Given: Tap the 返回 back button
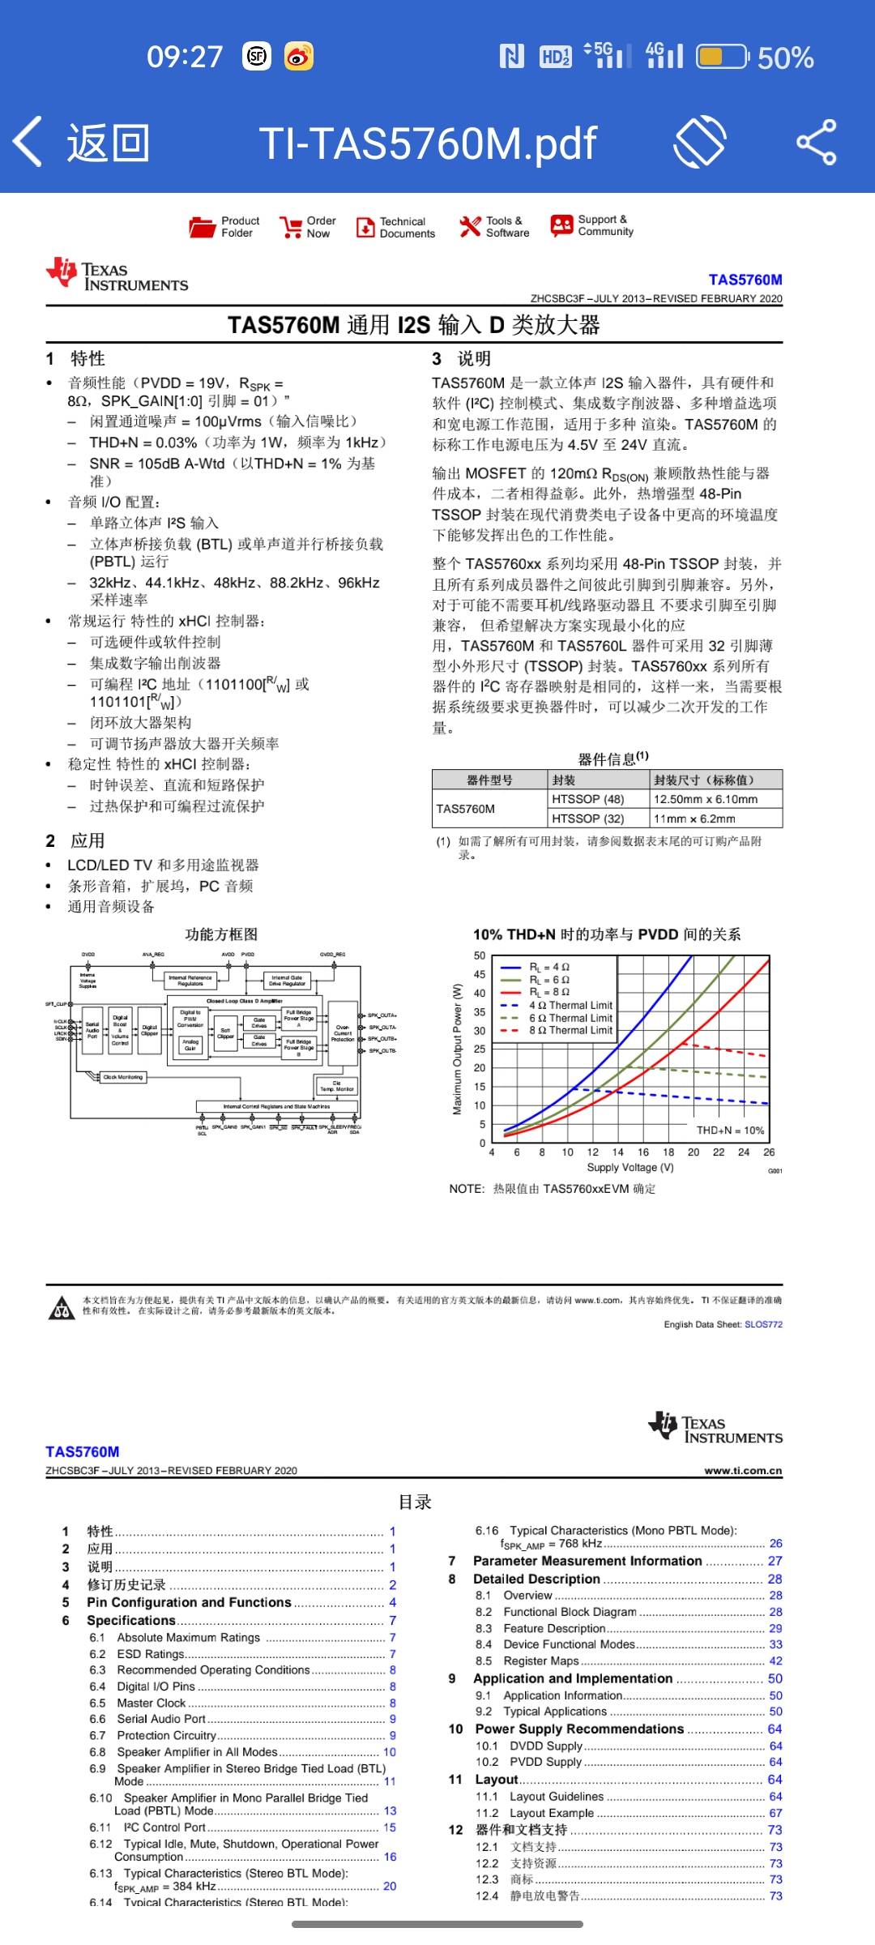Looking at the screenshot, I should [81, 143].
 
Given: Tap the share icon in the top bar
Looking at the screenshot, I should [816, 143].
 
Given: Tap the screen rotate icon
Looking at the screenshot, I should [700, 143].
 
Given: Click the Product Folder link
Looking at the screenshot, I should [224, 227].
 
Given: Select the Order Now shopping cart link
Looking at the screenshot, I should [307, 227].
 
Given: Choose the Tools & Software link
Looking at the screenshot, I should [494, 227].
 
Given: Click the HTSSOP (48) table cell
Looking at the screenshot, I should [588, 799].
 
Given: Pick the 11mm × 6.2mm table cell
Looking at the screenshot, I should [695, 819].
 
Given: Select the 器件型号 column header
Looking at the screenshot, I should [489, 780].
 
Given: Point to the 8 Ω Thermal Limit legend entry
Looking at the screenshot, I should [570, 1030].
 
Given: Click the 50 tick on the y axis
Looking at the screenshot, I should [480, 955].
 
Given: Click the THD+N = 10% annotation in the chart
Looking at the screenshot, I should [730, 1130].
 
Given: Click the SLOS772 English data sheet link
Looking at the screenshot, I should [763, 1324].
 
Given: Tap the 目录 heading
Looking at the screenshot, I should [415, 1502].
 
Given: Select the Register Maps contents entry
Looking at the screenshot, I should [541, 1661].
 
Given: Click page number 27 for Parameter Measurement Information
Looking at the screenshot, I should [775, 1561].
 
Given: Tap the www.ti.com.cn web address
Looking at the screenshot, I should [743, 1470].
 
